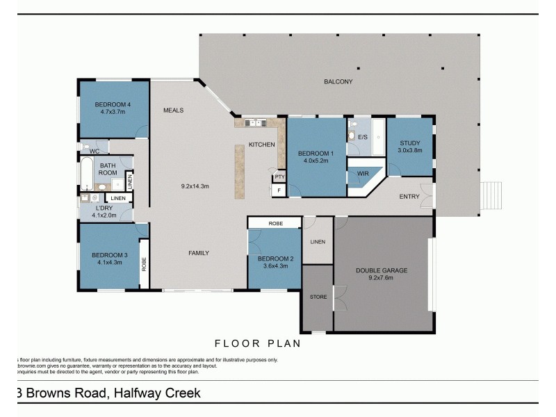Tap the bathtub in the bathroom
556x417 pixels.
coord(87,174)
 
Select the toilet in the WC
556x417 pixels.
coord(83,147)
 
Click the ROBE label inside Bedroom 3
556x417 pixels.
coord(145,263)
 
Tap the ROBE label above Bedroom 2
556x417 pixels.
coord(274,223)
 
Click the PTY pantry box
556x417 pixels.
coord(279,177)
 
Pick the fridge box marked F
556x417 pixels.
coord(279,190)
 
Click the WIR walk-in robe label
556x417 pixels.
coord(362,174)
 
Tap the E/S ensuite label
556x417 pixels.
coord(362,136)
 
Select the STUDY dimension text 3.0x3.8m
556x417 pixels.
coord(410,149)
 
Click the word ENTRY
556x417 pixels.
coord(409,197)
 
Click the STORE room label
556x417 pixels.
coord(318,297)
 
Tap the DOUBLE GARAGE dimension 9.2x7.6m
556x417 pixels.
coord(382,278)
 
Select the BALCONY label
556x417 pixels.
coord(338,82)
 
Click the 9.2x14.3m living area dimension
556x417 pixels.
coord(195,186)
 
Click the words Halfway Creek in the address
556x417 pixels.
coord(155,393)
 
